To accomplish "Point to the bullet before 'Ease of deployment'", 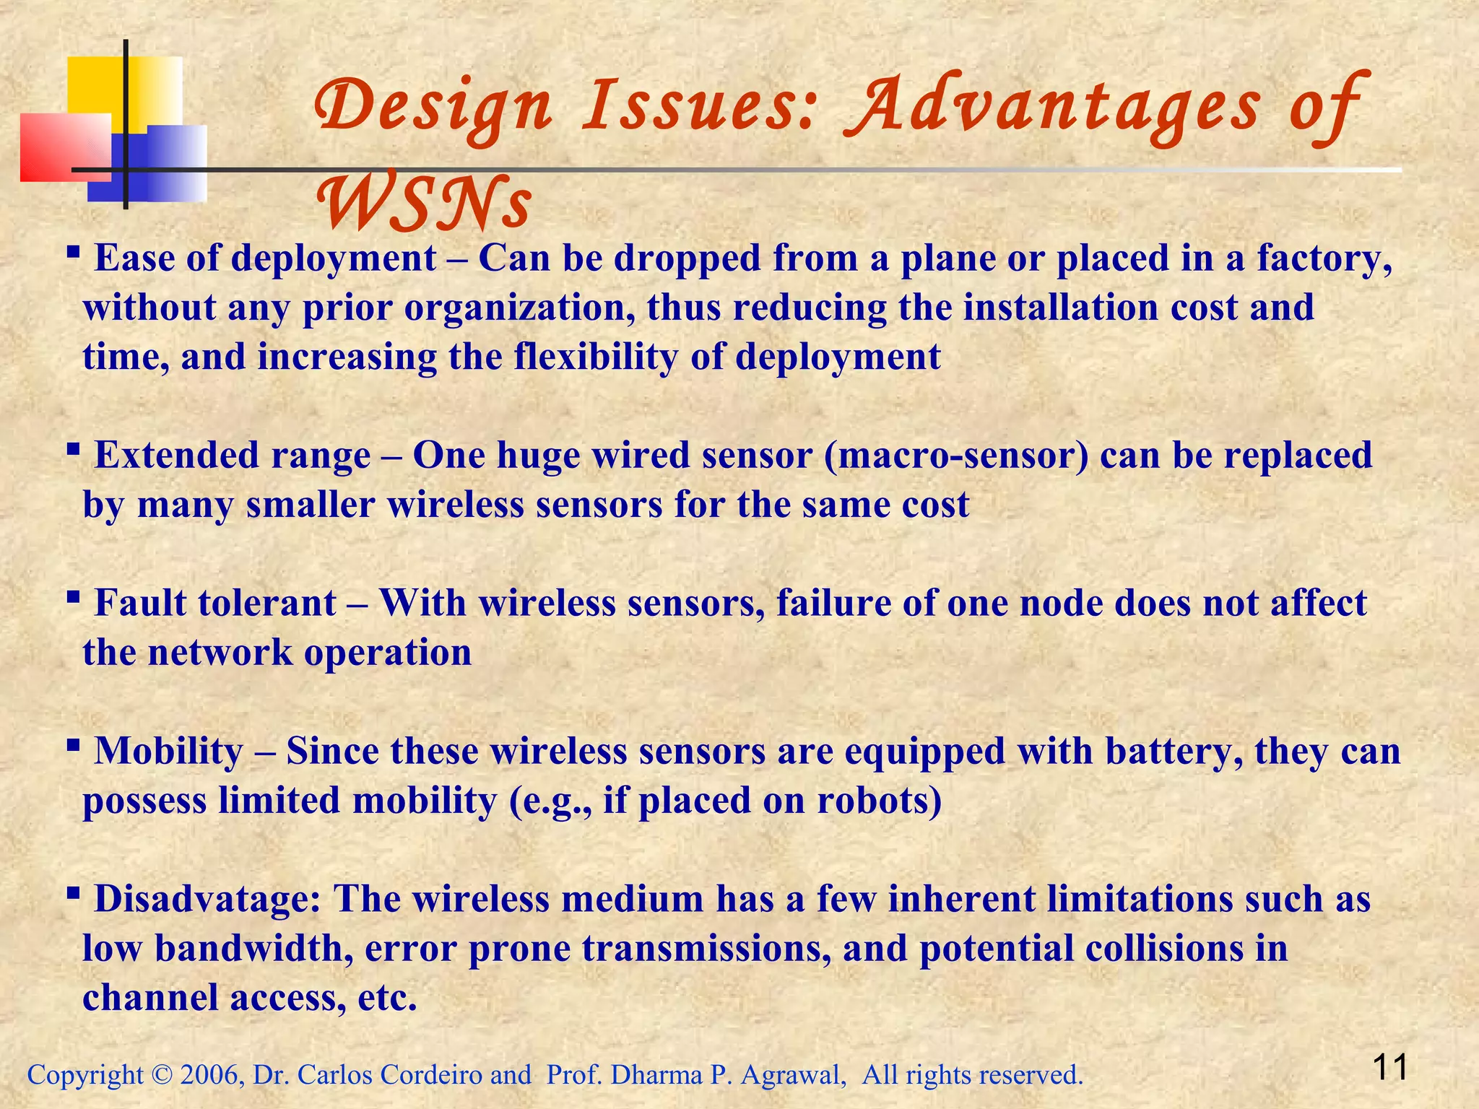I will click(x=73, y=252).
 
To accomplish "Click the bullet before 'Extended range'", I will click(x=73, y=449).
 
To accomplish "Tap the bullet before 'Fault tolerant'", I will click(x=73, y=597).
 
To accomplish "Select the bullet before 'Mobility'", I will click(x=73, y=745).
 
